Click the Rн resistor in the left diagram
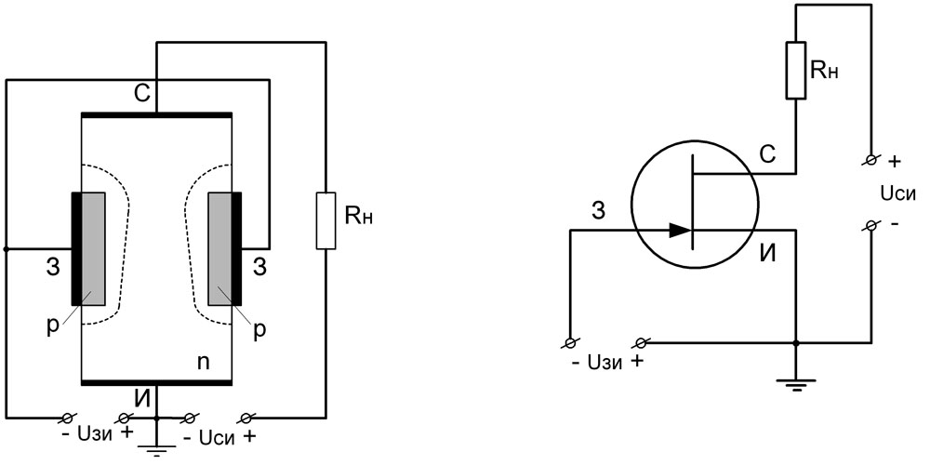click(325, 220)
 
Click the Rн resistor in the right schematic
click(796, 69)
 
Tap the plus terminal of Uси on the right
click(870, 161)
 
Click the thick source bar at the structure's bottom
click(156, 382)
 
